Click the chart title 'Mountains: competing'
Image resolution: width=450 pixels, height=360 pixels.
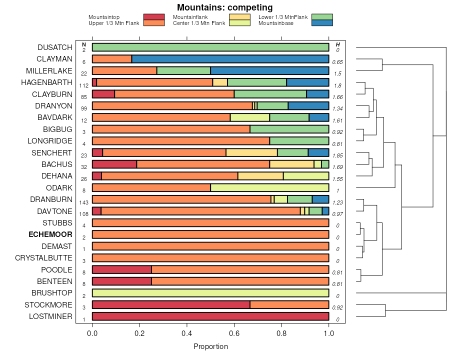224,7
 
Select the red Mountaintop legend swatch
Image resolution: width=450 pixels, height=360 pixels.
153,17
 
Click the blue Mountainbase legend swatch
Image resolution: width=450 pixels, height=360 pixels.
321,23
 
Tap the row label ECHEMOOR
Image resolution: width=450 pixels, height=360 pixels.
50,234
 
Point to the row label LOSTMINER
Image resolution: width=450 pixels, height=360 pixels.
50,316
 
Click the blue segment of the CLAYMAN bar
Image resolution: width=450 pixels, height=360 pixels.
230,59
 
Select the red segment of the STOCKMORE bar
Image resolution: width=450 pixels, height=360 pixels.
171,305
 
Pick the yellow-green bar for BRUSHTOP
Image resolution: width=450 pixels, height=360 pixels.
210,293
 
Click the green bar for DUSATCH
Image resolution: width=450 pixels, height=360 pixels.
210,47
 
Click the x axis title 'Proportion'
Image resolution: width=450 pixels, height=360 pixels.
210,346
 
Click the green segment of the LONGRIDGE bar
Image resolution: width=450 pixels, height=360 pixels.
299,141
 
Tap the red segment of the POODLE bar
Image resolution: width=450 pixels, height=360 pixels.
122,269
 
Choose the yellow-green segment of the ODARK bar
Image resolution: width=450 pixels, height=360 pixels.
269,187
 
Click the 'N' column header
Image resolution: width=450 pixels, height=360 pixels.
83,44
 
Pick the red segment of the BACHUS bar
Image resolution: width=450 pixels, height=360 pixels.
114,164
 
